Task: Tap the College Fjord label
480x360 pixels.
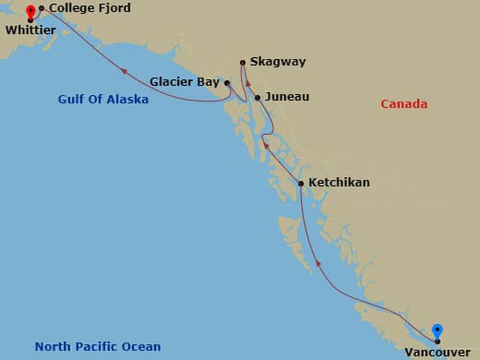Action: (x=90, y=8)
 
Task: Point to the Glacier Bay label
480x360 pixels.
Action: (x=184, y=80)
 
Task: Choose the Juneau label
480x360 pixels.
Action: (x=286, y=96)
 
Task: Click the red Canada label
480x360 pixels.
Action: (x=403, y=104)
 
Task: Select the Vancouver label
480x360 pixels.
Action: (x=437, y=352)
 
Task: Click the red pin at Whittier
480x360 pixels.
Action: (x=30, y=12)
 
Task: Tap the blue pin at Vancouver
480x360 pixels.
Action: (x=438, y=330)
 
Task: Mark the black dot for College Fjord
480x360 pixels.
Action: (x=41, y=8)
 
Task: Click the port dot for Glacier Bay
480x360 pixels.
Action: (x=224, y=81)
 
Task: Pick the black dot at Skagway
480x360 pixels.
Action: (x=242, y=63)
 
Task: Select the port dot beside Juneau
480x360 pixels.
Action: (x=258, y=96)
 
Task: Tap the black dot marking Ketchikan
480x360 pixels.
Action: (x=301, y=184)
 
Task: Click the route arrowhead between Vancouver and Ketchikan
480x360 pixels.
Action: (x=319, y=264)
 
